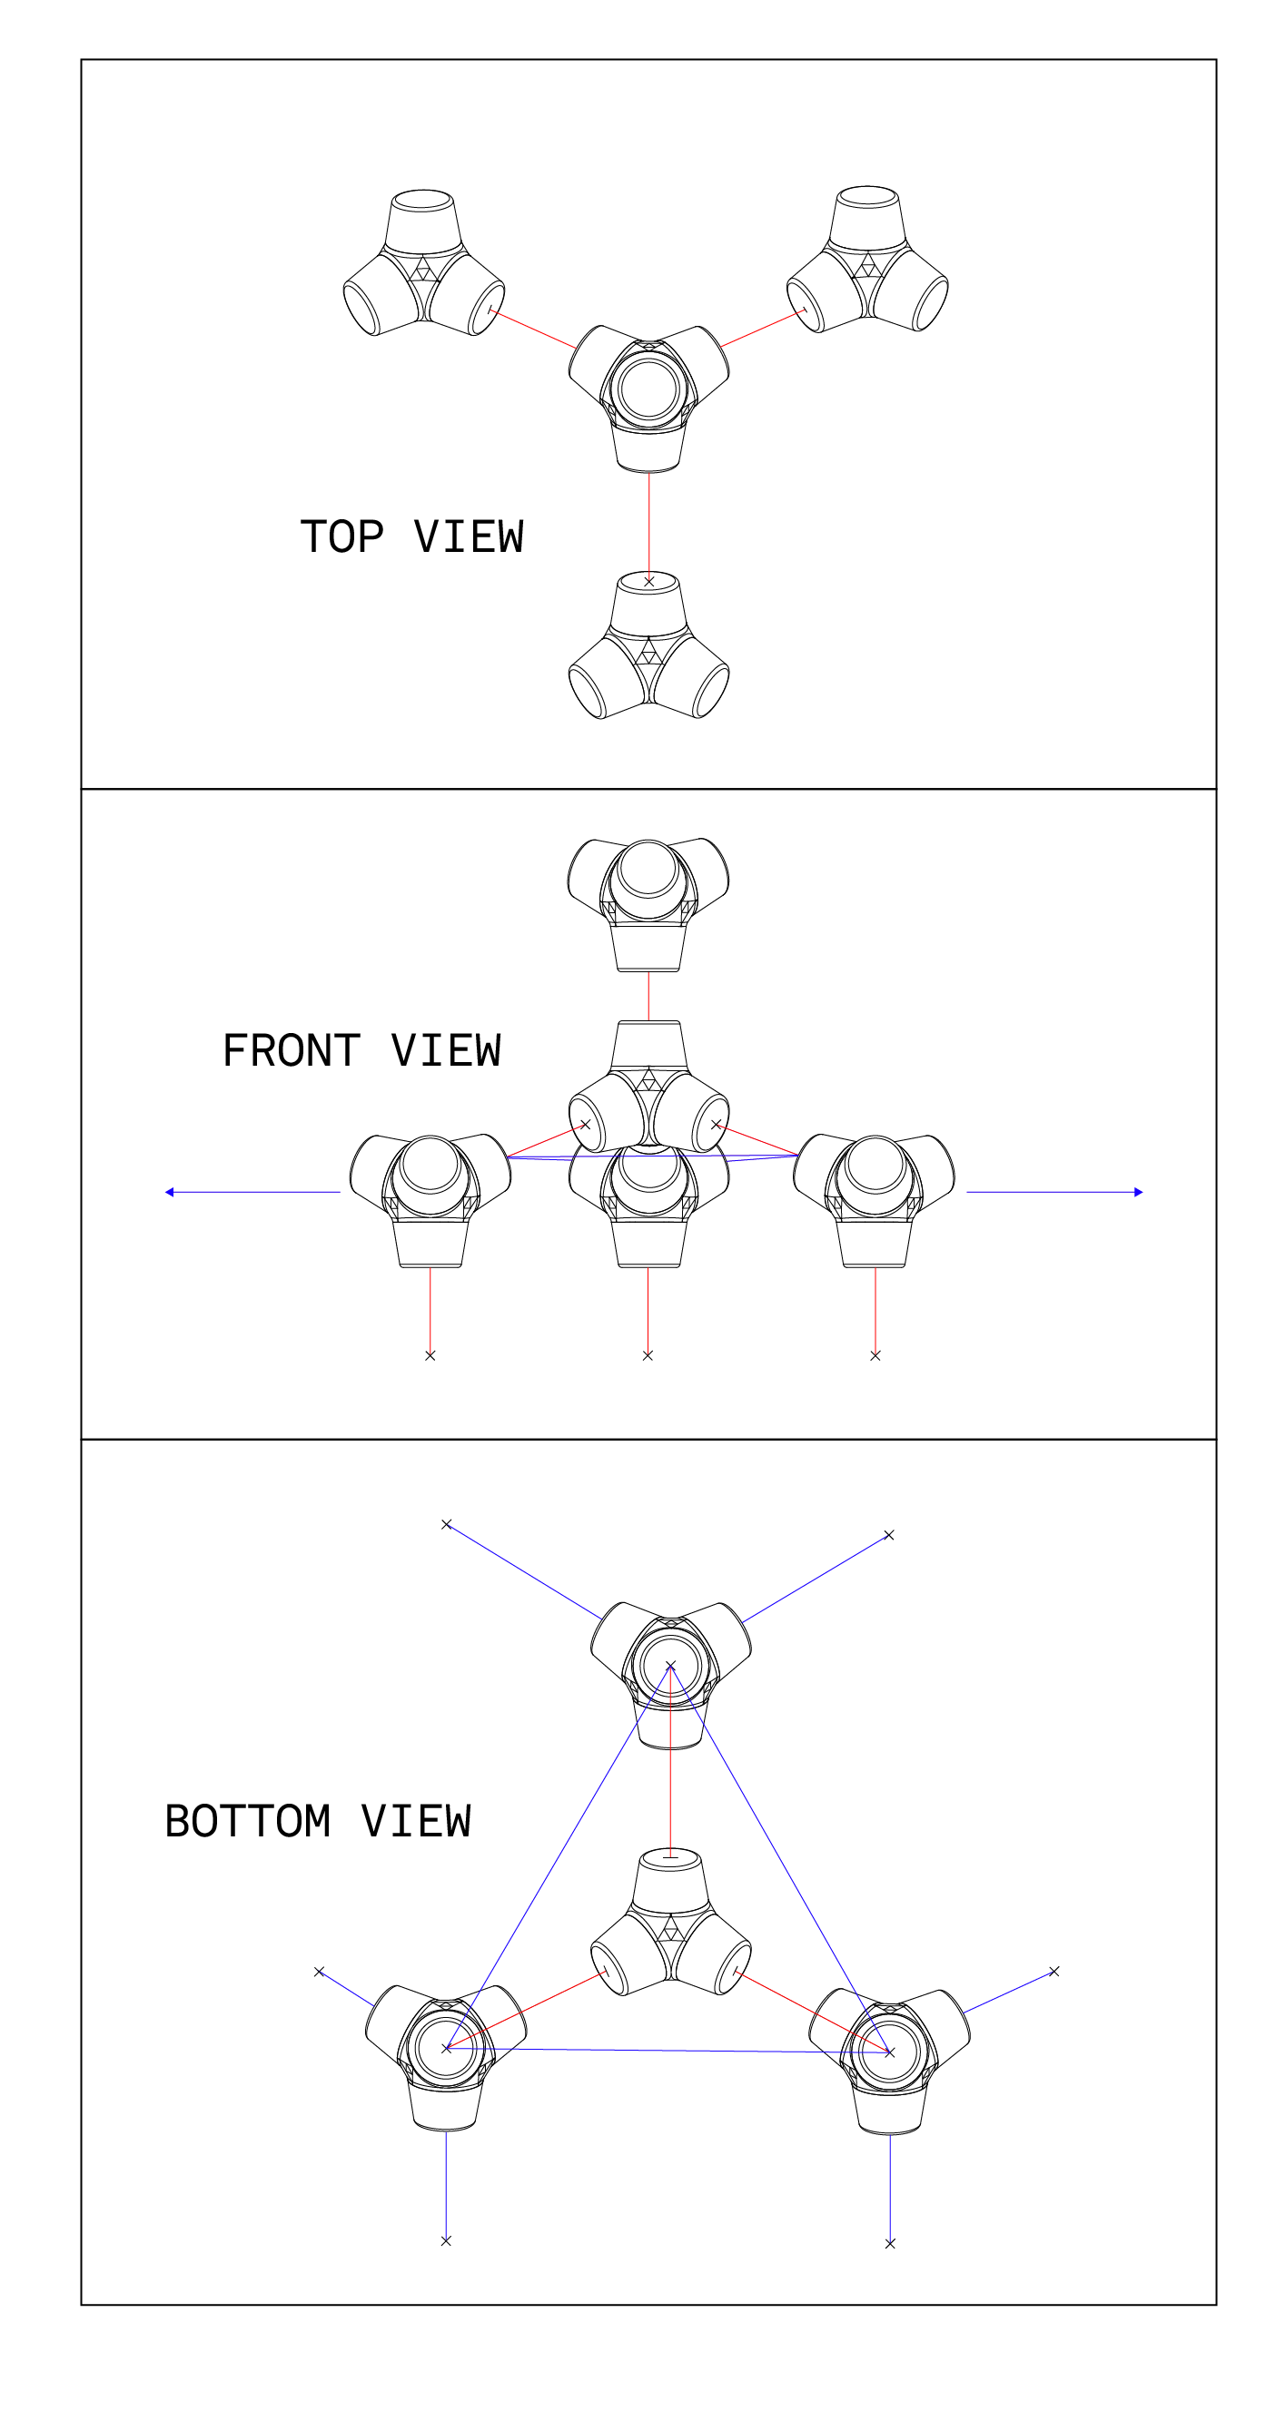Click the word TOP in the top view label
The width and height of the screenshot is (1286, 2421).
click(341, 537)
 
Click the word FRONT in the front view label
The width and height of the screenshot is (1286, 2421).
click(292, 1050)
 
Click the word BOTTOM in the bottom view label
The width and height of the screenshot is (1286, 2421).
click(247, 1821)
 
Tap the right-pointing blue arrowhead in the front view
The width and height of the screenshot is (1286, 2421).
click(1137, 1192)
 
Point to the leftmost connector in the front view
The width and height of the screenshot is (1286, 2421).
click(430, 1198)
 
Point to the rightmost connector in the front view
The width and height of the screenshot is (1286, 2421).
click(875, 1198)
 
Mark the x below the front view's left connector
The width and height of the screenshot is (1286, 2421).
click(430, 1355)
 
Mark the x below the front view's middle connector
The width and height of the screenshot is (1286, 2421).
click(648, 1355)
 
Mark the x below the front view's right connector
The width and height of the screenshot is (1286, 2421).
click(875, 1355)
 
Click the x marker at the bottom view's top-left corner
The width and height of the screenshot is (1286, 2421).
click(447, 1524)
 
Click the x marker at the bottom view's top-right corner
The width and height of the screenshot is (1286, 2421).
click(889, 1536)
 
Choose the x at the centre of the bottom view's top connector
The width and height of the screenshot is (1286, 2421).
click(670, 1666)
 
